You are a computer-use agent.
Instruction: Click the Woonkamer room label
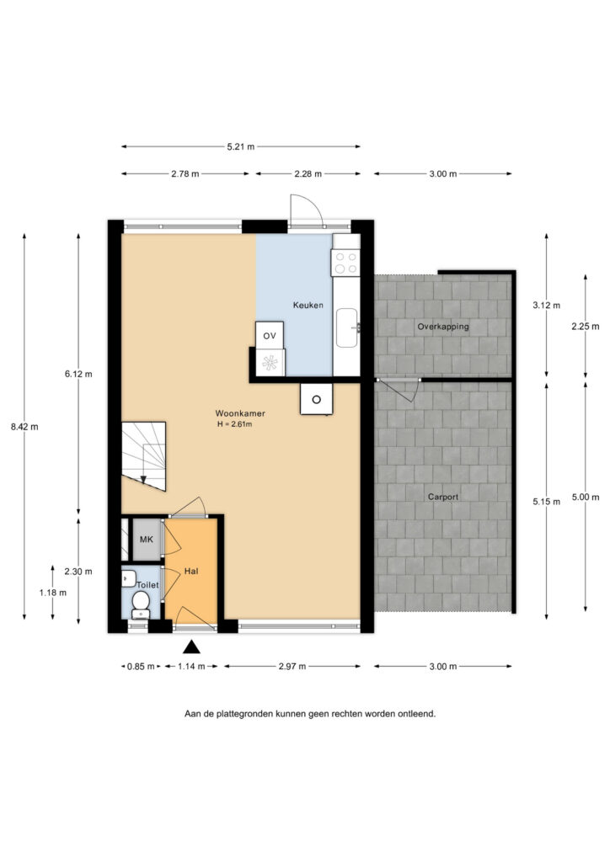pyautogui.click(x=240, y=413)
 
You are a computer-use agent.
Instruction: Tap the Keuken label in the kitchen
pyautogui.click(x=308, y=305)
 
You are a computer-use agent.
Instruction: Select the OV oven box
pyautogui.click(x=270, y=335)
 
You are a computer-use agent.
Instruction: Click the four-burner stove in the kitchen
pyautogui.click(x=345, y=263)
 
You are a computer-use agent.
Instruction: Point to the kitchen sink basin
pyautogui.click(x=347, y=327)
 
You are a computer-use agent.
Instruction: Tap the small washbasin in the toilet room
pyautogui.click(x=128, y=578)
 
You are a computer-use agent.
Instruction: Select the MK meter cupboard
pyautogui.click(x=147, y=540)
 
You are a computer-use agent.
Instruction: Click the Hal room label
pyautogui.click(x=191, y=572)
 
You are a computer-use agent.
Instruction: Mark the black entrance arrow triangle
pyautogui.click(x=191, y=647)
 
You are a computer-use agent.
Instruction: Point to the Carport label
pyautogui.click(x=443, y=497)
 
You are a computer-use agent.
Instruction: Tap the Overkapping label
pyautogui.click(x=443, y=327)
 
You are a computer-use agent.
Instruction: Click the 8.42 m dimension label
pyautogui.click(x=24, y=427)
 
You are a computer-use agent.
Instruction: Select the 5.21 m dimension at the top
pyautogui.click(x=241, y=146)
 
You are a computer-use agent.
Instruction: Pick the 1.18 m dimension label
pyautogui.click(x=53, y=593)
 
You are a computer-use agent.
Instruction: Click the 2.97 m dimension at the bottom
pyautogui.click(x=292, y=667)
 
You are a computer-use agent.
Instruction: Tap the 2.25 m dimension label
pyautogui.click(x=586, y=326)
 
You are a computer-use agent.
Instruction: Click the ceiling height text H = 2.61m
pyautogui.click(x=235, y=424)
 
